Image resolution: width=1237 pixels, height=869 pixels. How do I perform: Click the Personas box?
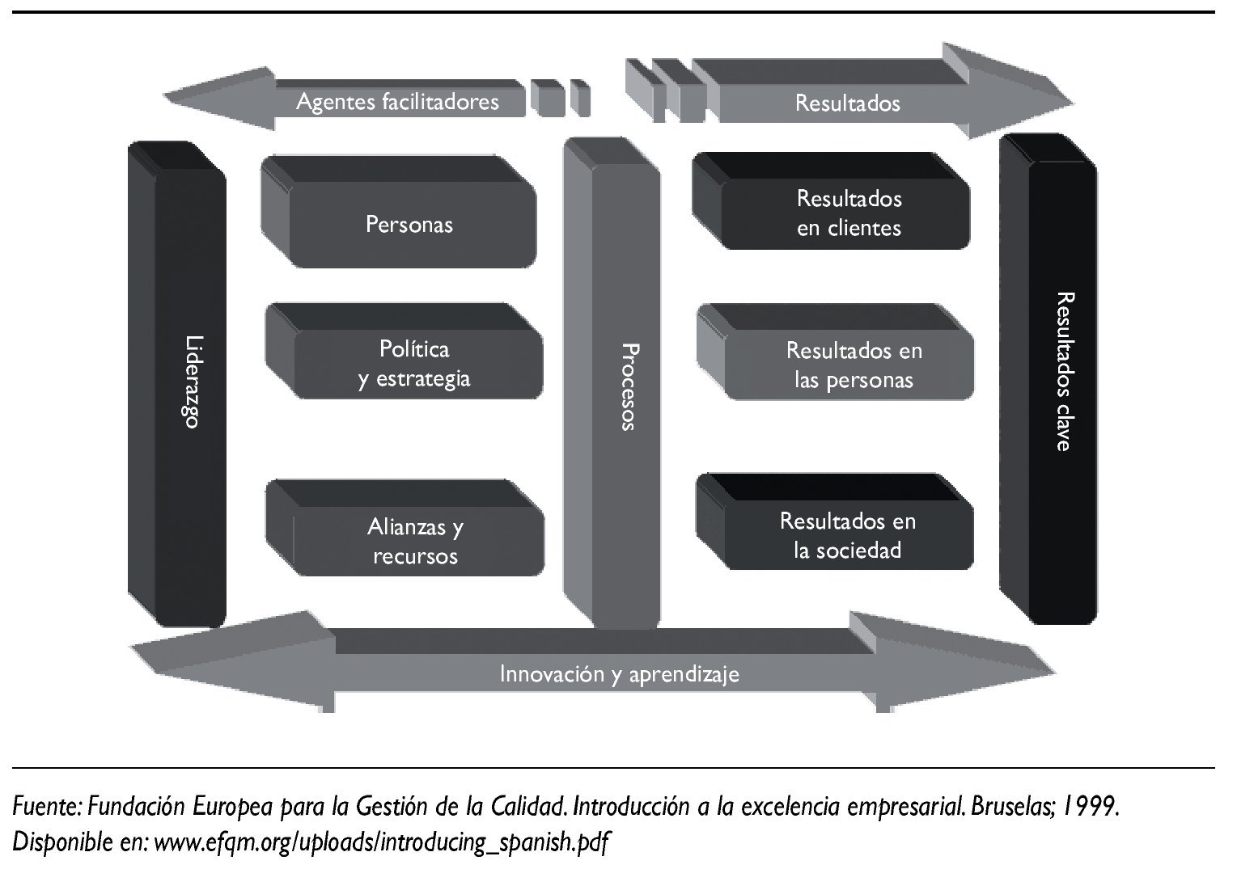click(409, 224)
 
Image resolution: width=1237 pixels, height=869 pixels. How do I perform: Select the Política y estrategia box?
click(414, 364)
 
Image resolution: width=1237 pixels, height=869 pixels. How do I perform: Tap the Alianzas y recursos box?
click(416, 541)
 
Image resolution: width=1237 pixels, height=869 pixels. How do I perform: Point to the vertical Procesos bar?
click(626, 386)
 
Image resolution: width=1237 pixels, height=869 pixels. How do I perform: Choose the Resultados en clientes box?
click(848, 213)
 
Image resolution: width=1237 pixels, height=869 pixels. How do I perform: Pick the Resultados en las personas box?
click(853, 365)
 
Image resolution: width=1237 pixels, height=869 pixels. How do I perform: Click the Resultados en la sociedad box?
click(847, 535)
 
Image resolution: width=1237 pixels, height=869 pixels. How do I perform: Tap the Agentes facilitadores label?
click(397, 102)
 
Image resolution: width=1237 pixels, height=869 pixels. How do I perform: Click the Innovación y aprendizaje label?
click(619, 673)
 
